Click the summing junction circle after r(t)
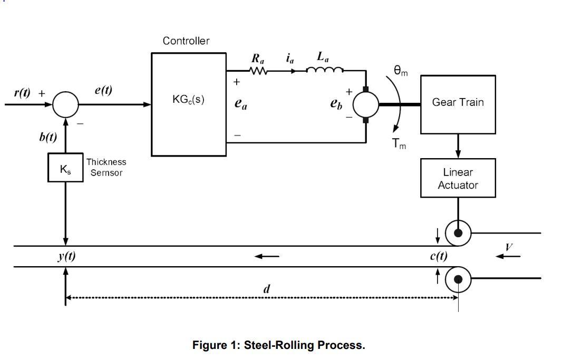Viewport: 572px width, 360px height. pos(65,104)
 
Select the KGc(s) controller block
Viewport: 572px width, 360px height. pos(189,104)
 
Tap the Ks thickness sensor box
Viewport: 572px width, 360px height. pos(65,168)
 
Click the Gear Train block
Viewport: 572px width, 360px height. pos(458,104)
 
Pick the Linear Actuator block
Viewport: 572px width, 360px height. pos(458,178)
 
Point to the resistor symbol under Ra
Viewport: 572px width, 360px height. pos(258,71)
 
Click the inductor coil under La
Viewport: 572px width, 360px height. pos(325,70)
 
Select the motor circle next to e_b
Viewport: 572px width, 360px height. pos(365,104)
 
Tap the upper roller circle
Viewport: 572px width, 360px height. pos(458,232)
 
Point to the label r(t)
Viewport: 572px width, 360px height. pos(22,93)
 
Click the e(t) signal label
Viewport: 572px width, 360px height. pos(103,90)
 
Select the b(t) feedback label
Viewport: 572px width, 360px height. pos(48,137)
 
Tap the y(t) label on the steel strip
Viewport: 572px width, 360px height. pos(66,256)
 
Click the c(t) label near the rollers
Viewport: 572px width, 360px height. pos(438,256)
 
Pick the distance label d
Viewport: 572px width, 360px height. pos(267,289)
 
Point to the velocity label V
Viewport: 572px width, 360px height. pos(509,247)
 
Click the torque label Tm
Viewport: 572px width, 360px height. pos(399,144)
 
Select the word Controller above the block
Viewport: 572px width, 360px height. pos(186,41)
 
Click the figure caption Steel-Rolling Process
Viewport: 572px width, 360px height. pos(278,345)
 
